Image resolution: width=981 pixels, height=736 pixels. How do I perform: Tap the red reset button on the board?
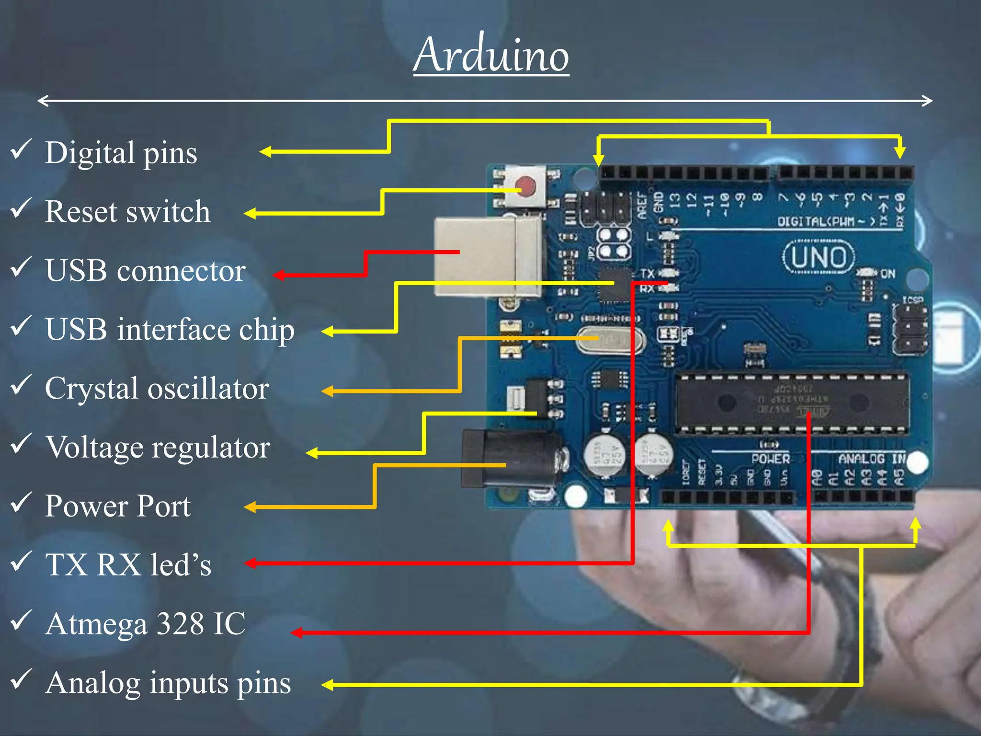[525, 186]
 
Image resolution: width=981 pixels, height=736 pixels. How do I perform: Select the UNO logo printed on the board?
[819, 257]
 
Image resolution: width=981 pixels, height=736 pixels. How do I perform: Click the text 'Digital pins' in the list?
[121, 153]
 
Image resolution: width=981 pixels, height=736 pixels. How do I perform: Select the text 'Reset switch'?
[127, 211]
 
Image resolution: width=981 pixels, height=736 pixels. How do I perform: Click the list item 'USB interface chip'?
[170, 330]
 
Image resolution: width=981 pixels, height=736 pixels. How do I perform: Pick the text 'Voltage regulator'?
[158, 448]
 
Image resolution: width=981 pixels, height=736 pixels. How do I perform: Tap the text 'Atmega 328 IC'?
[146, 624]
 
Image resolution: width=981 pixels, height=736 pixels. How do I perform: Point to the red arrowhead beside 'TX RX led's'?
[251, 563]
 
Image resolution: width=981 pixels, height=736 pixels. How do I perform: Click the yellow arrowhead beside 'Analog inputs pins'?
[327, 685]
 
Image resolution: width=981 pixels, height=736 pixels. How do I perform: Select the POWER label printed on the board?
[770, 459]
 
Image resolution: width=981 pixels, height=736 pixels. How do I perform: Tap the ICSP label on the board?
[913, 300]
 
